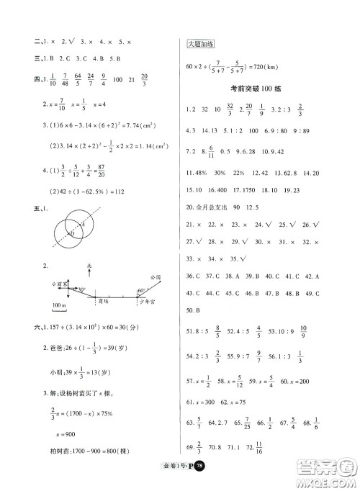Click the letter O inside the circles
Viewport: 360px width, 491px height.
pos(72,234)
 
